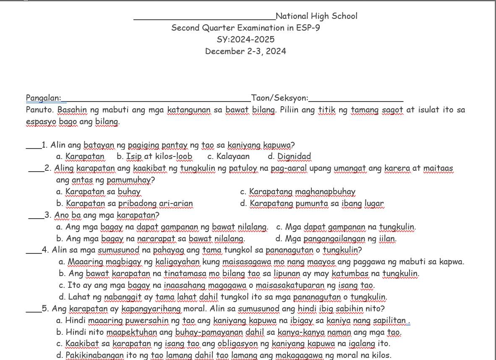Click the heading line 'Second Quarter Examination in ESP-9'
tap(245, 28)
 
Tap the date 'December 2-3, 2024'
tap(245, 52)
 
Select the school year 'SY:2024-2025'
tap(245, 40)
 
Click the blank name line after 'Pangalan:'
tap(157, 99)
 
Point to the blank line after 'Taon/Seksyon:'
tap(356, 99)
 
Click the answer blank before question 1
tap(34, 147)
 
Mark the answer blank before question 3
tap(36, 217)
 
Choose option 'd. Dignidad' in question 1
tap(289, 157)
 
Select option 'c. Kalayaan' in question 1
tap(228, 157)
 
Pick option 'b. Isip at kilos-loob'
tap(154, 157)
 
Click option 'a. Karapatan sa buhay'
tap(98, 192)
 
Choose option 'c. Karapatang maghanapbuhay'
tap(298, 192)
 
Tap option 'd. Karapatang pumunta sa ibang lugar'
tap(312, 204)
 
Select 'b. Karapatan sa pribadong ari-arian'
tap(124, 204)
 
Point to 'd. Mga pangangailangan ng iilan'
tap(336, 239)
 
